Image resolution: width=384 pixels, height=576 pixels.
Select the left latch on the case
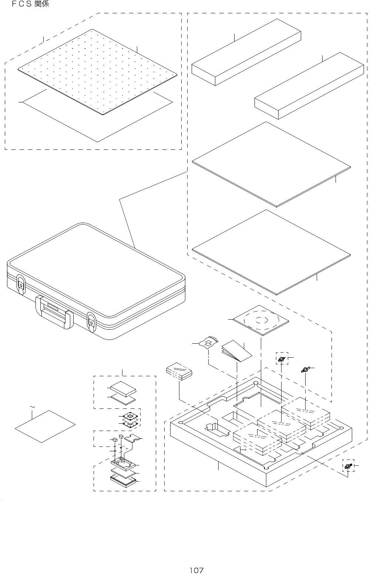point(21,285)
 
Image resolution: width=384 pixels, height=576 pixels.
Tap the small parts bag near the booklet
point(209,343)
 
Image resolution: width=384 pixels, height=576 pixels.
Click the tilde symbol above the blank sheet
point(32,407)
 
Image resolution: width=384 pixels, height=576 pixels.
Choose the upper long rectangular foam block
point(246,52)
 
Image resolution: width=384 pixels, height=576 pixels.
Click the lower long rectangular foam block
point(309,85)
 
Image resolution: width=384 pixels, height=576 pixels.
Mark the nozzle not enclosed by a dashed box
point(305,369)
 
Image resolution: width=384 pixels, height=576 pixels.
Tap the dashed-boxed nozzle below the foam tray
point(347,466)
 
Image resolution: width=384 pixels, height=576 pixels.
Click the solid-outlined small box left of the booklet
point(179,371)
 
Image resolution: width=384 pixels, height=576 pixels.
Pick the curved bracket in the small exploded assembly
point(132,439)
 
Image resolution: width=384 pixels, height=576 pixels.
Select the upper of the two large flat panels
point(271,164)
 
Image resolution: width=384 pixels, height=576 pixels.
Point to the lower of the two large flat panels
point(271,252)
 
